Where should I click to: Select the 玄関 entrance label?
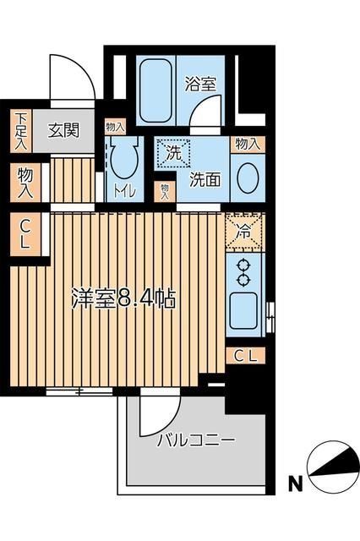[63, 130]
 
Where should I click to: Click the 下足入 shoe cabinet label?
[20, 130]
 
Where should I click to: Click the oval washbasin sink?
[247, 178]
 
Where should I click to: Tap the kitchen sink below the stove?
[245, 308]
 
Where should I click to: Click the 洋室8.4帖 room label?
[123, 300]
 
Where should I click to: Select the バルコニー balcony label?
[195, 440]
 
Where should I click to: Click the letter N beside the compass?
[296, 484]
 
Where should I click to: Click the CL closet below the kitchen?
[245, 355]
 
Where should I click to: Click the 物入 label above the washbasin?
[247, 145]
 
